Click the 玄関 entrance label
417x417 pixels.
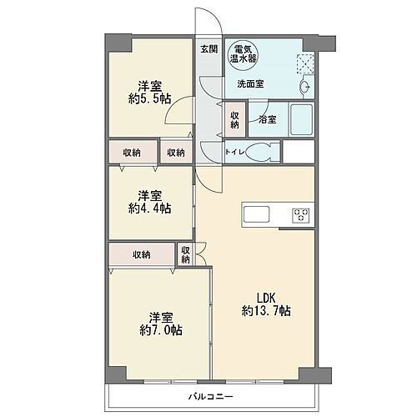pos(208,49)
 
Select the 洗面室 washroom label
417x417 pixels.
pos(249,84)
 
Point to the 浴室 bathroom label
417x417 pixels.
pos(268,118)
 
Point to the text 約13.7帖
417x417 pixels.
pos(267,311)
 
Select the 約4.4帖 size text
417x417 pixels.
pos(150,208)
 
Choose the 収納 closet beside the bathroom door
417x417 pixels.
pos(234,118)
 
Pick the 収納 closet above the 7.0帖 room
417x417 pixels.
pos(140,254)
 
